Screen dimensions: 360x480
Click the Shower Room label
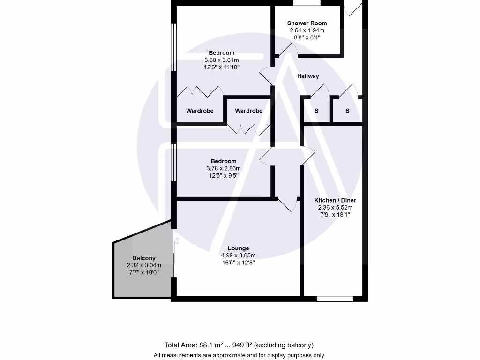[307, 23]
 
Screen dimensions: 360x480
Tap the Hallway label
[308, 76]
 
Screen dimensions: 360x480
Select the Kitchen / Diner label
[335, 200]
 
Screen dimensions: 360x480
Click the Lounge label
[239, 248]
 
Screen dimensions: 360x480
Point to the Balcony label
[144, 258]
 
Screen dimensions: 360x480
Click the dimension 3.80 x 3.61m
[222, 60]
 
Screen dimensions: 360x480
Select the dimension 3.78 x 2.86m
[224, 168]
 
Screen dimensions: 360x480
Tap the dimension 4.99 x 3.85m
[239, 255]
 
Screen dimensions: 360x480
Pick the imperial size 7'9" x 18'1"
[335, 215]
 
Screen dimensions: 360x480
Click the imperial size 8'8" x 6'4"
[307, 37]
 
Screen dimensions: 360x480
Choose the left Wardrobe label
[200, 111]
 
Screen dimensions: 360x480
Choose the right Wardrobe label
[248, 111]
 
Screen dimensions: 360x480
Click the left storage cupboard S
[316, 111]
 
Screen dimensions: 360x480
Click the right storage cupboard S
[348, 111]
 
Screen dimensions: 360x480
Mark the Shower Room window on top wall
[307, 3]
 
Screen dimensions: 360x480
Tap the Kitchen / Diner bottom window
[335, 299]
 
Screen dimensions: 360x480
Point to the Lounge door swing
[287, 205]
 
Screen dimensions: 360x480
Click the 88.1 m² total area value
[210, 345]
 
